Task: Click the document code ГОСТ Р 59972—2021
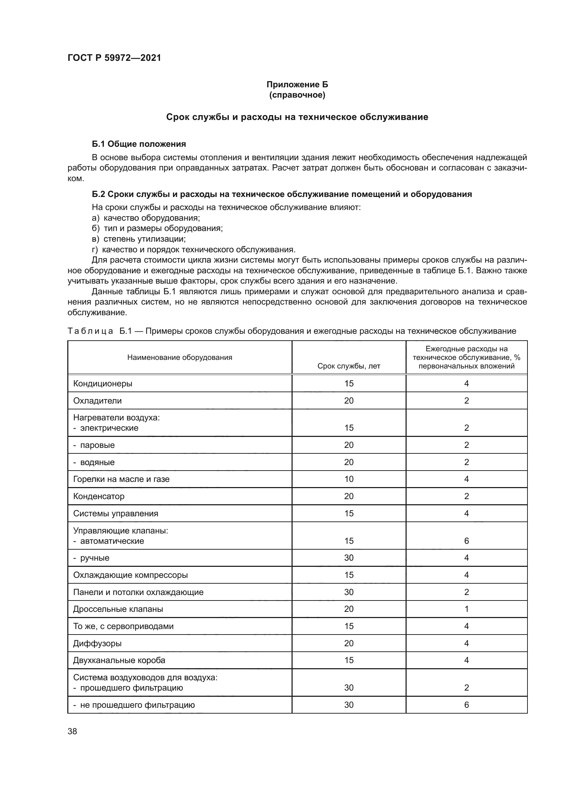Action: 114,58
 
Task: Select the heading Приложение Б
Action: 297,85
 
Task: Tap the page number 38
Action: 72,731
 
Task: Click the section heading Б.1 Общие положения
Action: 139,144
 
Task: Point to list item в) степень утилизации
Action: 139,239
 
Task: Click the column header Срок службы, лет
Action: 348,366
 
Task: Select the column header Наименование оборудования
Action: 179,357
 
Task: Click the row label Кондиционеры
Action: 103,384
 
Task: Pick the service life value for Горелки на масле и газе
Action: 349,479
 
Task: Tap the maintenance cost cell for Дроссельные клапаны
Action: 466,609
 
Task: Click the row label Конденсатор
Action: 99,496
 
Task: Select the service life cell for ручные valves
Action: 349,558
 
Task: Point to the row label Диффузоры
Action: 97,643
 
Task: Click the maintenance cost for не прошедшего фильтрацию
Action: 466,705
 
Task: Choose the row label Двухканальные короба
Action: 119,660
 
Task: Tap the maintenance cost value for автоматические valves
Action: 466,541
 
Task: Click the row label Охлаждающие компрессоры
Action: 130,575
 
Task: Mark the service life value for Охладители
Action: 349,400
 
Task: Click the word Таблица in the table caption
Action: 90,331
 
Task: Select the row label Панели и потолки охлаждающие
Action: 138,592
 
